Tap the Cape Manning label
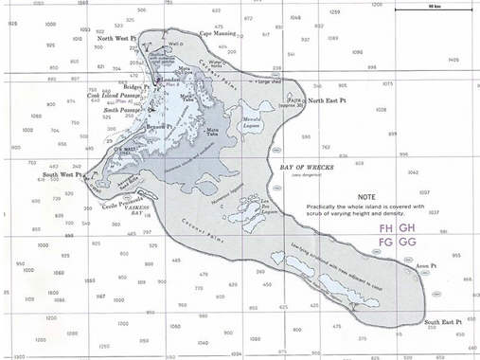[x=217, y=33]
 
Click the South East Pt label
[x=443, y=323]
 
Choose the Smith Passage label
[x=123, y=111]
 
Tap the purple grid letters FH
[x=386, y=229]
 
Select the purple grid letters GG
[x=408, y=243]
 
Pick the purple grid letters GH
[x=408, y=229]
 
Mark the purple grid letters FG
[x=386, y=243]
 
